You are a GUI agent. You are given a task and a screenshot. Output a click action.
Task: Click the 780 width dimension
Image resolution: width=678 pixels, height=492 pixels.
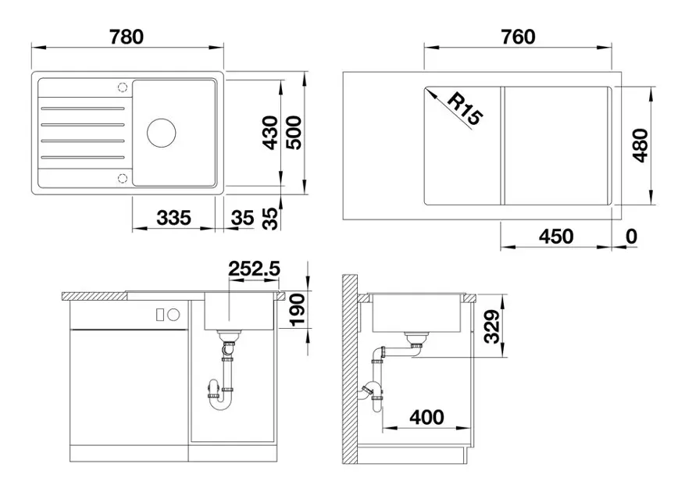pyautogui.click(x=127, y=37)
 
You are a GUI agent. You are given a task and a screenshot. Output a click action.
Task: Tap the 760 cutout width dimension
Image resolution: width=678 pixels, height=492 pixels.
pyautogui.click(x=518, y=37)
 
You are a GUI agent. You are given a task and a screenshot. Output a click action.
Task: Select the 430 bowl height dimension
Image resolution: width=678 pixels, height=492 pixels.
pyautogui.click(x=271, y=132)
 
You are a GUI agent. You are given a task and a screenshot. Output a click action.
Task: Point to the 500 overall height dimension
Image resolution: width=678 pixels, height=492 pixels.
pyautogui.click(x=294, y=132)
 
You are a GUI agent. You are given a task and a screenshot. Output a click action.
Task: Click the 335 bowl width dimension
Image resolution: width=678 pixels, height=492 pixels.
pyautogui.click(x=174, y=217)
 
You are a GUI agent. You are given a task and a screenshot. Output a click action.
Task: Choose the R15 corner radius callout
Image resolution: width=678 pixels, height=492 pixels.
pyautogui.click(x=465, y=109)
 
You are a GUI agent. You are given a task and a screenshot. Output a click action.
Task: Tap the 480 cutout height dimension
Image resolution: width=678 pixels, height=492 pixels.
pyautogui.click(x=641, y=145)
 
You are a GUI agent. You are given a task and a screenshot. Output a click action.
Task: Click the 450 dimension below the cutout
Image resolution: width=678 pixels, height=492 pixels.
pyautogui.click(x=556, y=236)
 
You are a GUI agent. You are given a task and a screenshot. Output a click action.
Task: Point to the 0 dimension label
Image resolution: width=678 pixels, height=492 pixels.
pyautogui.click(x=632, y=236)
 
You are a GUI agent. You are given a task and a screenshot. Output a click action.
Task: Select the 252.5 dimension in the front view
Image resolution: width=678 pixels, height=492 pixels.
pyautogui.click(x=255, y=269)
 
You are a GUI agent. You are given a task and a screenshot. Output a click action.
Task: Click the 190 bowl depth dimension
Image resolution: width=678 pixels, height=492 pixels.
pyautogui.click(x=297, y=309)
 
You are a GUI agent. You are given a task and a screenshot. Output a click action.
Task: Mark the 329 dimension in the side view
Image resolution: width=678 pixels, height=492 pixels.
pyautogui.click(x=492, y=326)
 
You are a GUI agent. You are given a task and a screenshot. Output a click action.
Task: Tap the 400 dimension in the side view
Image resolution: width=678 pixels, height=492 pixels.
pyautogui.click(x=426, y=417)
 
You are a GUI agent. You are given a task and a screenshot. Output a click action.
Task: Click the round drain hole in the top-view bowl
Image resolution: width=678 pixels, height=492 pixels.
pyautogui.click(x=161, y=133)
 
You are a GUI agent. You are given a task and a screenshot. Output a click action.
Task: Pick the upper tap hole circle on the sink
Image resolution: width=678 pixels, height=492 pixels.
pyautogui.click(x=123, y=87)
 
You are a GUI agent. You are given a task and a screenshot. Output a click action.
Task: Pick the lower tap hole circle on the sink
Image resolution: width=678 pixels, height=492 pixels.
pyautogui.click(x=123, y=178)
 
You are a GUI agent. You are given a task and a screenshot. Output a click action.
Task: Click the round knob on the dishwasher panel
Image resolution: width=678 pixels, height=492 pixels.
pyautogui.click(x=174, y=315)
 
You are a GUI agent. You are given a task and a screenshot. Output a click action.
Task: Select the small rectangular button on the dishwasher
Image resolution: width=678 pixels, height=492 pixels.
pyautogui.click(x=160, y=315)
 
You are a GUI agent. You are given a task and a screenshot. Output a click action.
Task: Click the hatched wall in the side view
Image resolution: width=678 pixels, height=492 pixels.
pyautogui.click(x=350, y=369)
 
